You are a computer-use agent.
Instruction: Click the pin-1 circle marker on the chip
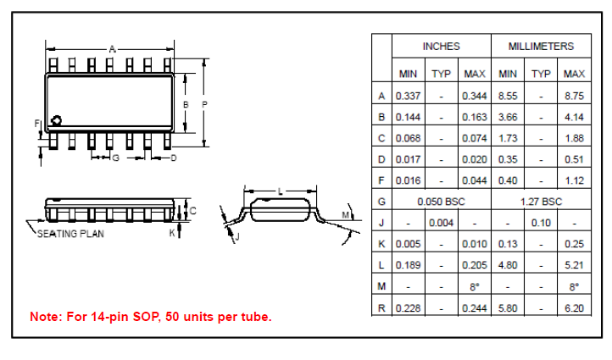point(57,120)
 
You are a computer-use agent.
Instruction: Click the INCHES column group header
point(441,47)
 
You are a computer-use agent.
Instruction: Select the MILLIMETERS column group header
point(541,47)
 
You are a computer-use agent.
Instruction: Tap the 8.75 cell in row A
point(574,96)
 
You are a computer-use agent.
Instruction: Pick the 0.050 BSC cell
point(441,202)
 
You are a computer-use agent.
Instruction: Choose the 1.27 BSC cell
point(541,202)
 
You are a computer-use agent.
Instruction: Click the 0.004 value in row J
point(441,223)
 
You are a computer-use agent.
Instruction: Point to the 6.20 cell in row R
point(574,308)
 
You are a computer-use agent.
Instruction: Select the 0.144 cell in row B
point(408,117)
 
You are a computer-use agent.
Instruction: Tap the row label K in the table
point(381,244)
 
